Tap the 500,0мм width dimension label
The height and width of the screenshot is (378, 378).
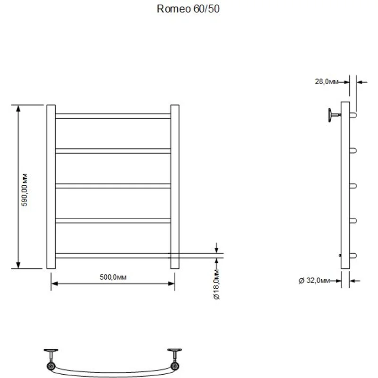(113, 277)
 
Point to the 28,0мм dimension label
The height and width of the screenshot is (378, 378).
(326, 82)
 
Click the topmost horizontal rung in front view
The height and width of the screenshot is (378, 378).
(113, 116)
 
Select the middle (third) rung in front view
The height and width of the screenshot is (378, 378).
(113, 186)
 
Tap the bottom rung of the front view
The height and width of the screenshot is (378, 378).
(113, 256)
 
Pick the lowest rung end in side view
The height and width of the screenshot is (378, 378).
(352, 256)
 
